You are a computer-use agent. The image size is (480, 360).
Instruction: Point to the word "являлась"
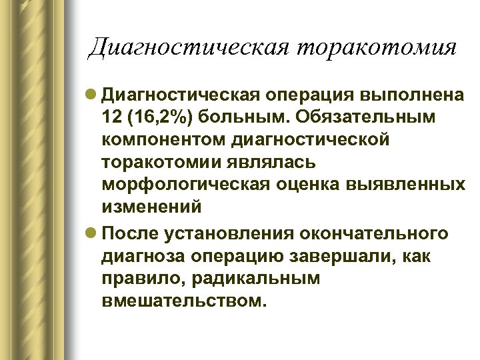267,162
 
